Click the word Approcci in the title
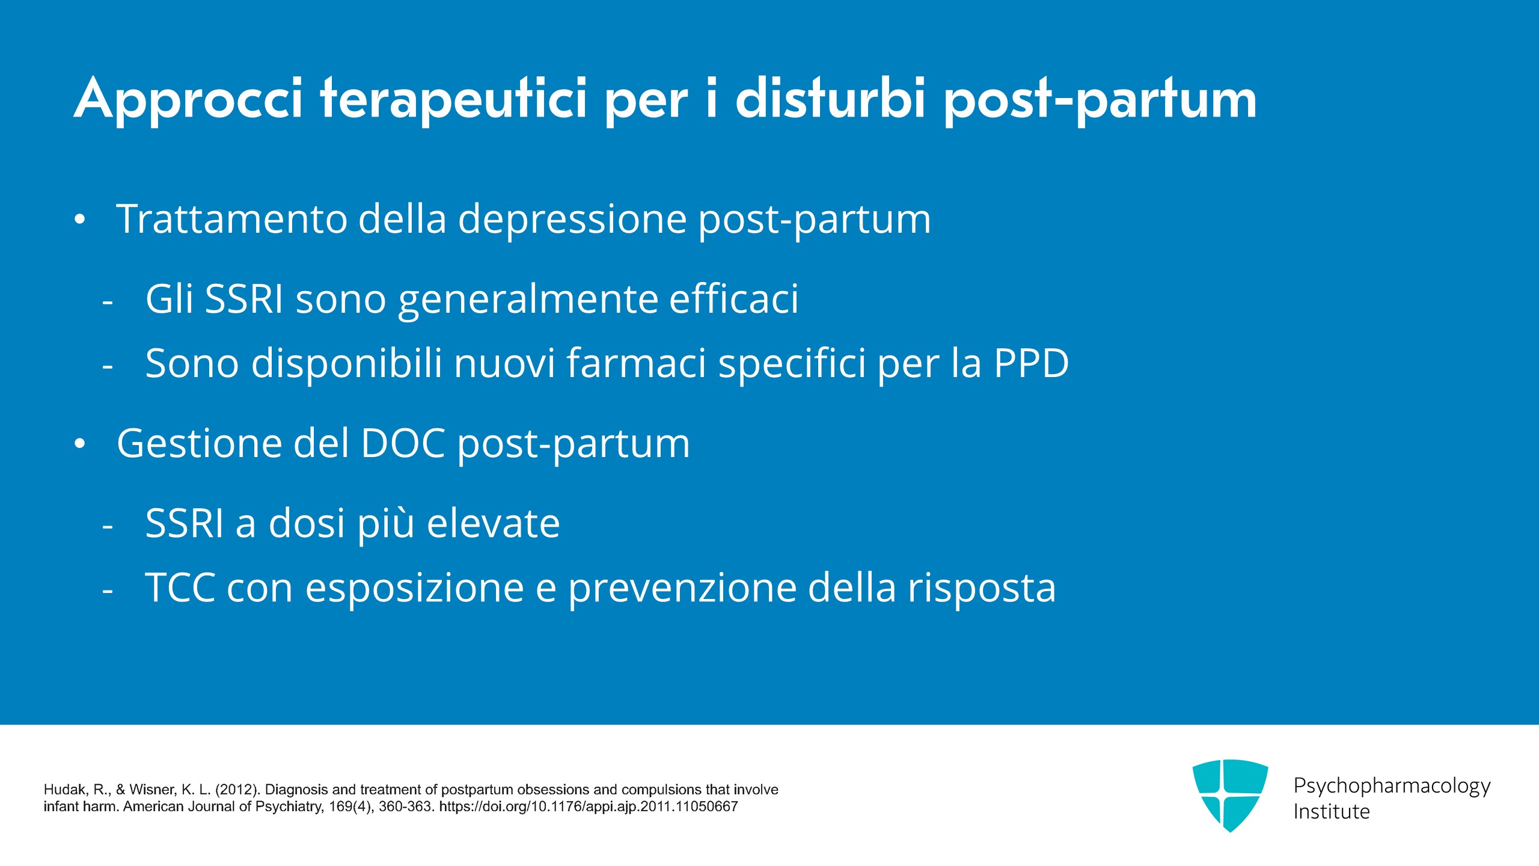pos(189,100)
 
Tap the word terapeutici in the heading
pos(453,100)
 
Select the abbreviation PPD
pos(1031,363)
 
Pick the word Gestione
pos(199,444)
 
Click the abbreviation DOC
pos(403,443)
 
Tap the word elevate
pos(494,523)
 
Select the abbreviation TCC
pos(180,588)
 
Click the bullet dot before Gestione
pos(80,444)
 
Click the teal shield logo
pos(1230,795)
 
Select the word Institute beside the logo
pos(1332,811)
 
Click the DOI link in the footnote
pos(589,806)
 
